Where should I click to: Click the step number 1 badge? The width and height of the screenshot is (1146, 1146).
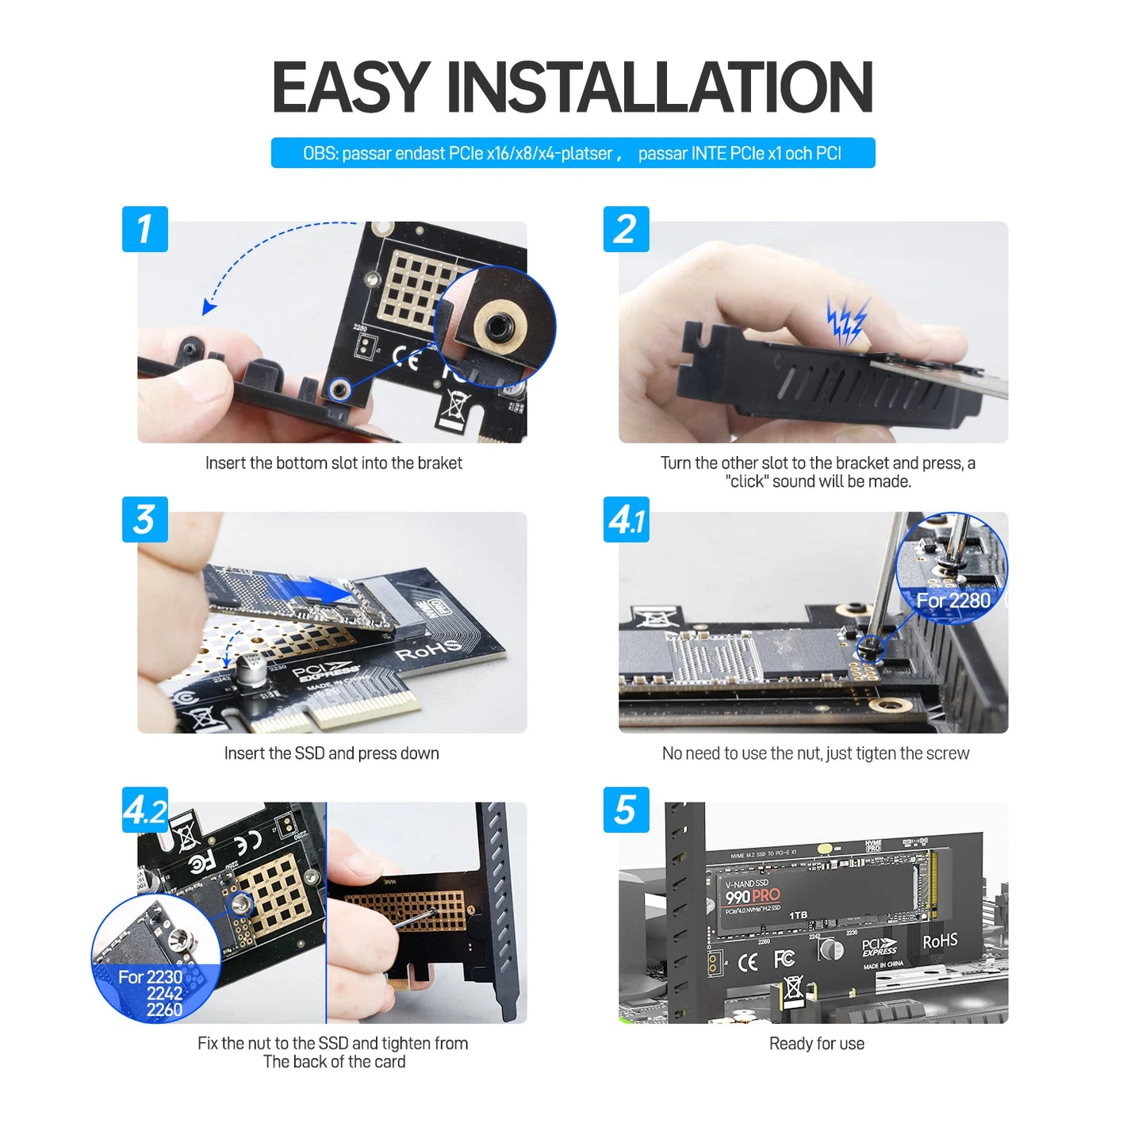pyautogui.click(x=144, y=229)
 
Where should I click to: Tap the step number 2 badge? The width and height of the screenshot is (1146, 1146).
pyautogui.click(x=626, y=229)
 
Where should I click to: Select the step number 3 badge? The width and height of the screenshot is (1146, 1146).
pyautogui.click(x=144, y=519)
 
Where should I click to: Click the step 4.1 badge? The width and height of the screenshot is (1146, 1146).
pyautogui.click(x=626, y=519)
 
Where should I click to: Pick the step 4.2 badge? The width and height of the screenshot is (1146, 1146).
pyautogui.click(x=144, y=810)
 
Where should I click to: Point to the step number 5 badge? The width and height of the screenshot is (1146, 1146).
pyautogui.click(x=626, y=810)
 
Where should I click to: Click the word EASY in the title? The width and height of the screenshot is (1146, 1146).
pyautogui.click(x=351, y=87)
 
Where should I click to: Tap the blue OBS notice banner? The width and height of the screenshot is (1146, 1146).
pyautogui.click(x=573, y=153)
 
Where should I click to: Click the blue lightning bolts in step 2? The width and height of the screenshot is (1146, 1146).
pyautogui.click(x=847, y=321)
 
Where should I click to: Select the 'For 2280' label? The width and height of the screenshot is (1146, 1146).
pyautogui.click(x=952, y=600)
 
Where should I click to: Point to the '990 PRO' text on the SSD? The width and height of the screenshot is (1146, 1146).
pyautogui.click(x=753, y=896)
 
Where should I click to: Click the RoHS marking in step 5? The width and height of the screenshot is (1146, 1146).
pyautogui.click(x=940, y=941)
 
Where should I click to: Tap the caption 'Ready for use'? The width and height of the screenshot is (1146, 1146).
pyautogui.click(x=816, y=1044)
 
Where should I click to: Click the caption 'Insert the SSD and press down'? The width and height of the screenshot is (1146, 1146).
pyautogui.click(x=332, y=753)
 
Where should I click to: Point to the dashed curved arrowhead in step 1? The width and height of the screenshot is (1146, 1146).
pyautogui.click(x=209, y=307)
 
